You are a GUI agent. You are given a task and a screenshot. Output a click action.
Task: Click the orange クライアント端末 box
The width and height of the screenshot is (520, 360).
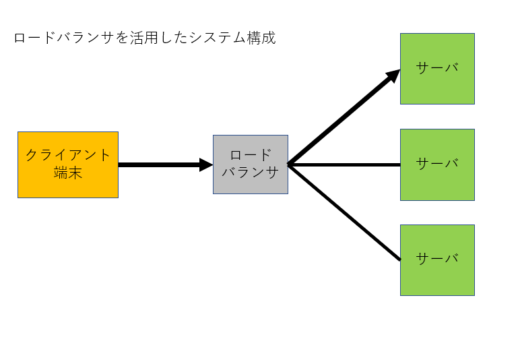[x=68, y=165]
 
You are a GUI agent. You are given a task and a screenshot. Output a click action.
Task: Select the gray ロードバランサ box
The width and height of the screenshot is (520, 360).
[x=251, y=164]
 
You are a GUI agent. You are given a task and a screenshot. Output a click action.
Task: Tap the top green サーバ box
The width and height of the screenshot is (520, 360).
[x=437, y=69]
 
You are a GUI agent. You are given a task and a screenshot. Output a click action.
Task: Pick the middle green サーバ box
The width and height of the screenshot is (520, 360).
[x=437, y=165]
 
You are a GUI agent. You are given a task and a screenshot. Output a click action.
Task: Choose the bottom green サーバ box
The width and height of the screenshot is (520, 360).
[x=437, y=260]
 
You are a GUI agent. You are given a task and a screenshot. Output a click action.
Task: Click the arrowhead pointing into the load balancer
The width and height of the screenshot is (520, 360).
[x=206, y=165]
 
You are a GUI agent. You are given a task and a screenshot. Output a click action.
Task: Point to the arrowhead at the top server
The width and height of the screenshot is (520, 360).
[x=393, y=76]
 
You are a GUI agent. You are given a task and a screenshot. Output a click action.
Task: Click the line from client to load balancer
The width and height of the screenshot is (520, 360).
[x=166, y=165]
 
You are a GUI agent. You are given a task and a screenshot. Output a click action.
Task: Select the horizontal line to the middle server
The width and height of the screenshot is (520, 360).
[x=344, y=164]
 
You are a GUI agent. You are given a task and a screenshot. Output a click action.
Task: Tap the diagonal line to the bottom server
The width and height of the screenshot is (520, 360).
[x=344, y=212]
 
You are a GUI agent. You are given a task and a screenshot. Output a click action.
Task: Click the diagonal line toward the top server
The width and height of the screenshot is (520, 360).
[x=344, y=117]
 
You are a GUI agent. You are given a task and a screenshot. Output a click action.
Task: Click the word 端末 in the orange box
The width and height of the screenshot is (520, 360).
[x=68, y=173]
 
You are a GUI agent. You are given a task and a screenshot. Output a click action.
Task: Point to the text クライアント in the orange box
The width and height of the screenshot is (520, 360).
[x=68, y=155]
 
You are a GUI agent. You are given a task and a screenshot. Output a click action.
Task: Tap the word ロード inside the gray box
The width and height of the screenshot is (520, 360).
[x=251, y=155]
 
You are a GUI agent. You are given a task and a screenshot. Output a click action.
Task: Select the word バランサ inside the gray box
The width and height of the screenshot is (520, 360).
[x=251, y=172]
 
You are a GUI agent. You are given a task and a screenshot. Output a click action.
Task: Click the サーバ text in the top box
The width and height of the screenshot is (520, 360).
[x=437, y=68]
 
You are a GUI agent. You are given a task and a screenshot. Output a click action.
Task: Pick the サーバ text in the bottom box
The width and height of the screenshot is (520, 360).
[x=437, y=258]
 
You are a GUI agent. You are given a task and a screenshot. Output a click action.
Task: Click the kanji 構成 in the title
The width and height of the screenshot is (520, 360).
[x=261, y=38]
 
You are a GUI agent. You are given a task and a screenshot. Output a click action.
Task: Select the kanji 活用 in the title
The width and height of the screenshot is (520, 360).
[x=143, y=38]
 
